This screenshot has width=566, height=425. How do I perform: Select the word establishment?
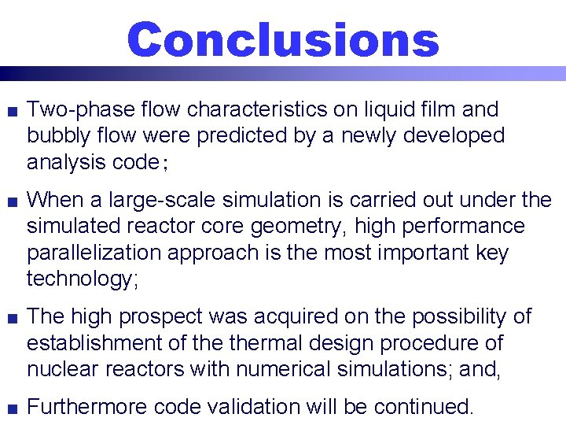pyautogui.click(x=97, y=343)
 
